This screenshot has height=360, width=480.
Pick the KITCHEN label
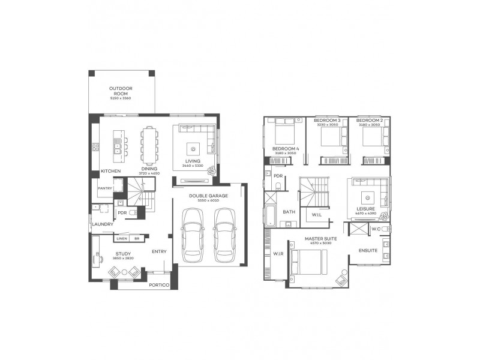pyautogui.click(x=111, y=171)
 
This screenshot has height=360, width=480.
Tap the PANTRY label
pyautogui.click(x=106, y=188)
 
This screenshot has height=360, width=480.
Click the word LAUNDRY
pyautogui.click(x=103, y=224)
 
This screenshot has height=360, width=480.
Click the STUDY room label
pyautogui.click(x=123, y=254)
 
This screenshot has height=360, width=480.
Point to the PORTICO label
pyautogui.click(x=159, y=284)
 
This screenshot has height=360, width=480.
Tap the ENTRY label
pyautogui.click(x=159, y=251)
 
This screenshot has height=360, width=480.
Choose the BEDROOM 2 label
pyautogui.click(x=370, y=121)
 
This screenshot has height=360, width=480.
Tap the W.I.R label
pyautogui.click(x=278, y=254)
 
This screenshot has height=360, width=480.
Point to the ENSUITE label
pyautogui.click(x=368, y=250)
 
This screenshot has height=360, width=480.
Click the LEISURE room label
pyautogui.click(x=365, y=209)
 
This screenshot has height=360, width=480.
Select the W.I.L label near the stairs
pyautogui.click(x=316, y=214)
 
